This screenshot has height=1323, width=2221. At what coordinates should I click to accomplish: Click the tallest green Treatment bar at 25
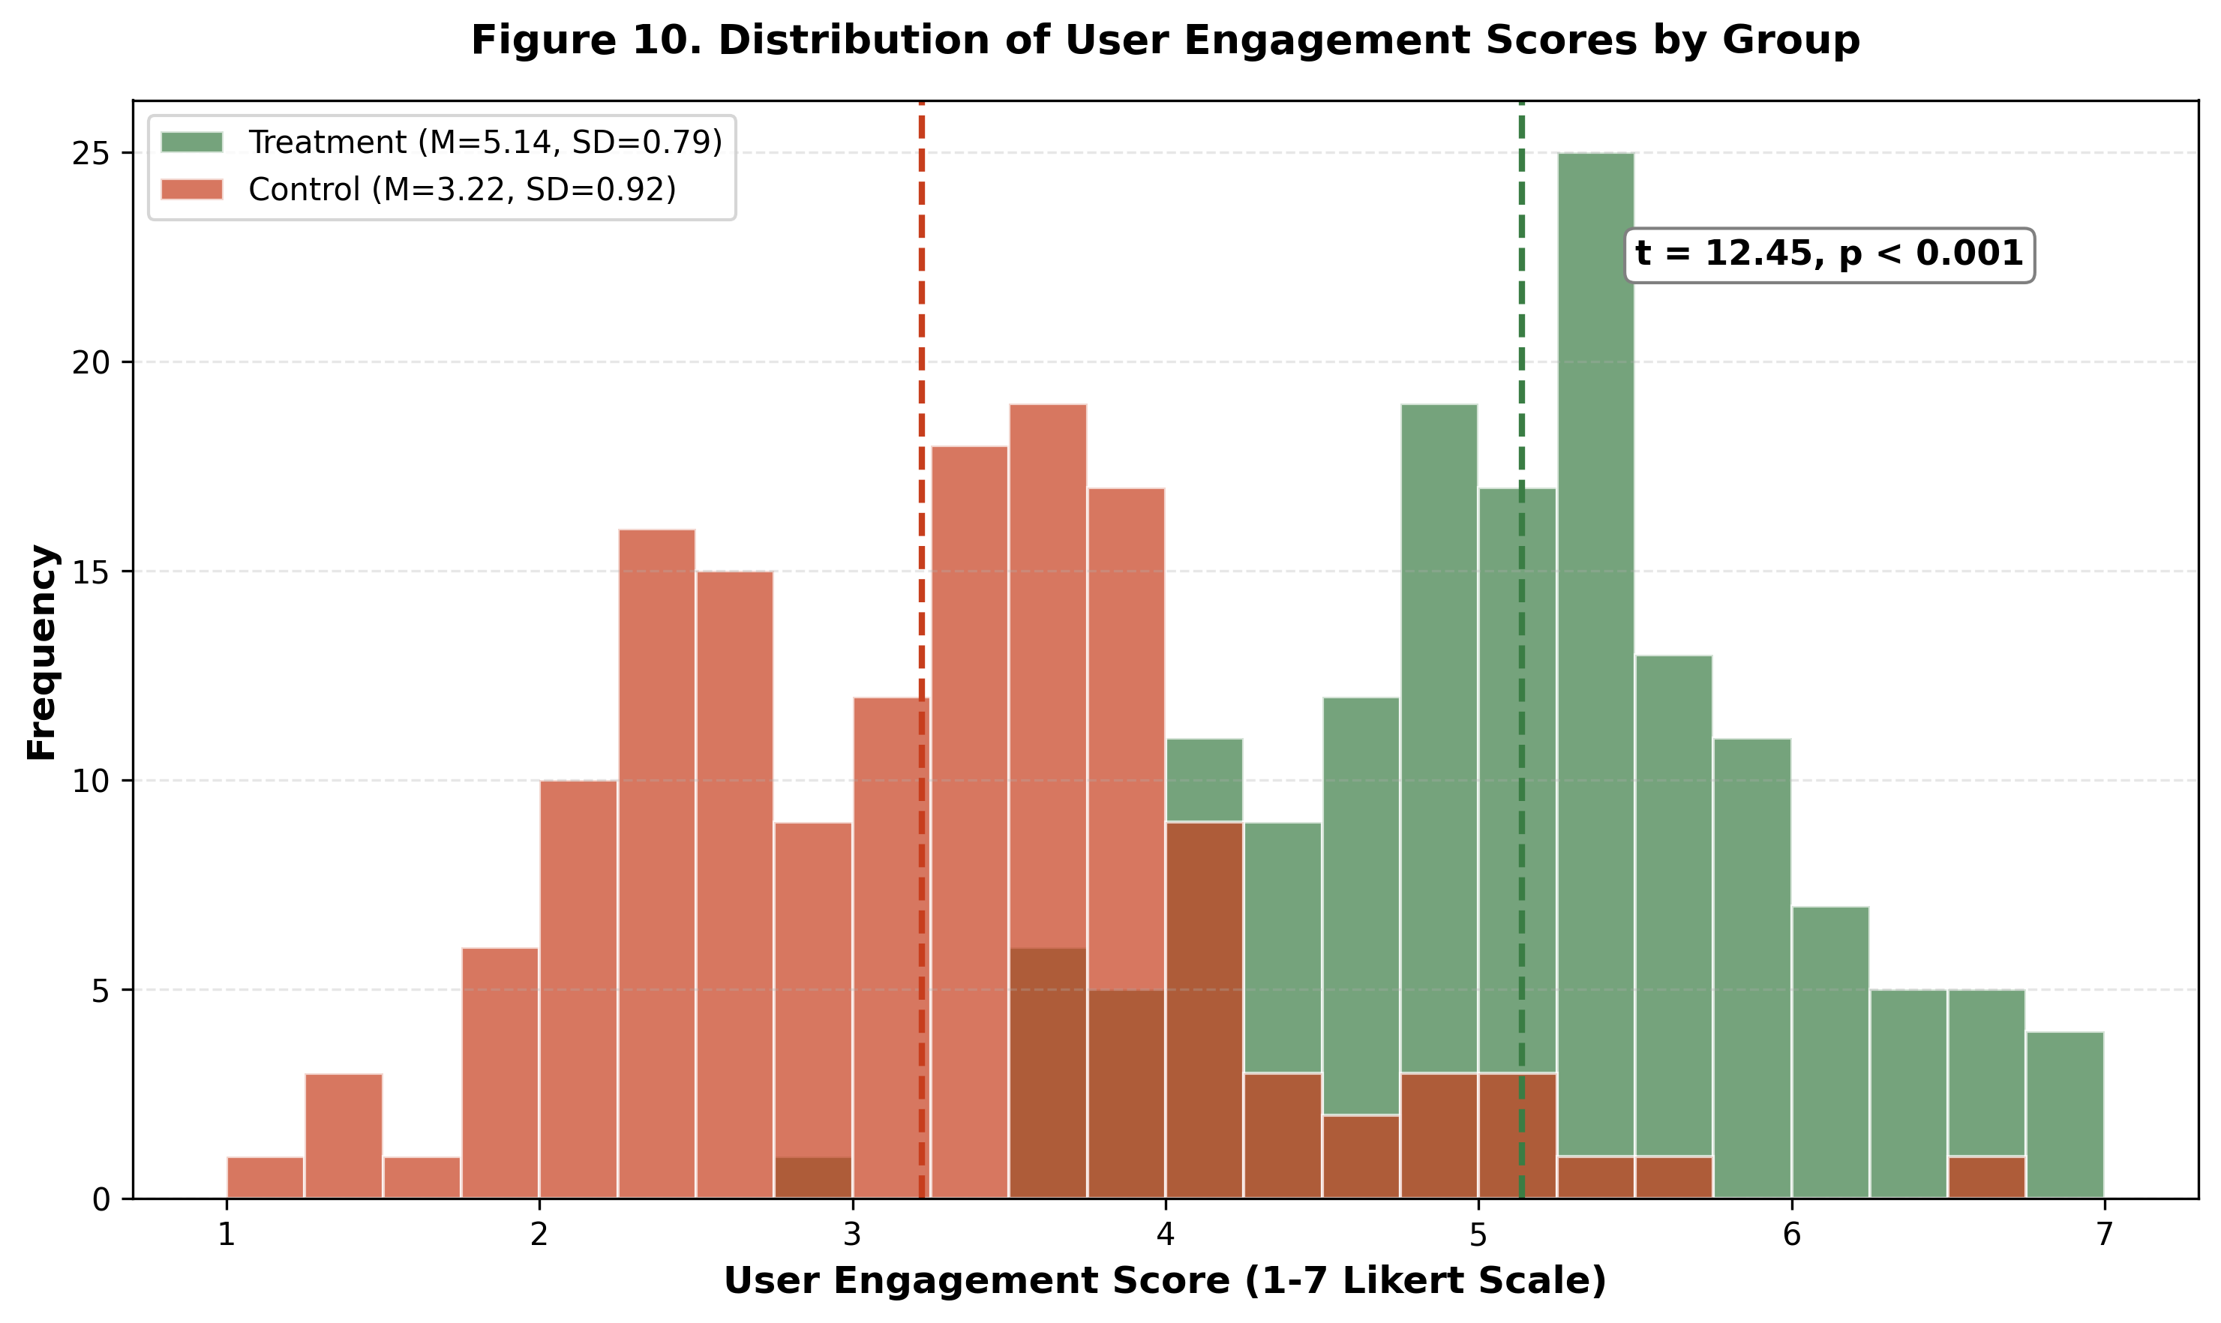click(x=1596, y=624)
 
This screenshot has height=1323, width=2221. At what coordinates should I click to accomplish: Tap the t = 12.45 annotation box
click(x=1829, y=255)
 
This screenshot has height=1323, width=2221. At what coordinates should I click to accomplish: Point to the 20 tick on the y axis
click(x=90, y=363)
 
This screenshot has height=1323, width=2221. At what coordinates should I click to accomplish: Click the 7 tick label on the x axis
click(x=2104, y=1234)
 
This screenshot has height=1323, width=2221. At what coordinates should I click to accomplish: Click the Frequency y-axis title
click(x=42, y=652)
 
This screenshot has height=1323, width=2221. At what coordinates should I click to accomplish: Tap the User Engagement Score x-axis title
click(x=1164, y=1281)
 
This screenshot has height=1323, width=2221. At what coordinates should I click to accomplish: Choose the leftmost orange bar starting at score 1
click(x=266, y=1177)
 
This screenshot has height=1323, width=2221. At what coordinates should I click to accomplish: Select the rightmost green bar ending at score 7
click(x=2065, y=1115)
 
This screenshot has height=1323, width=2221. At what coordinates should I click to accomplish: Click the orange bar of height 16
click(x=657, y=865)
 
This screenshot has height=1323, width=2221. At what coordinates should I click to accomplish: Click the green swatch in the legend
click(x=192, y=142)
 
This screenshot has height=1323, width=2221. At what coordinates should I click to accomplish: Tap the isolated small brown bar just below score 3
click(x=813, y=1177)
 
